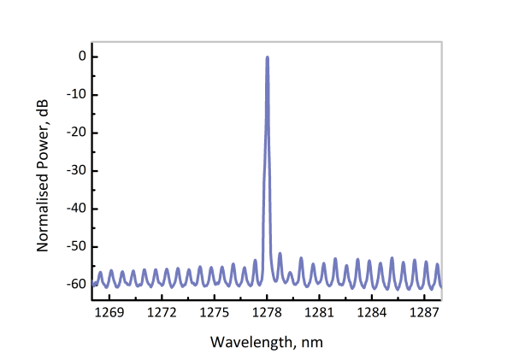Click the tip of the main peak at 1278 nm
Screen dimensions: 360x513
[x=268, y=57]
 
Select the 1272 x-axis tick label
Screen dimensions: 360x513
[x=162, y=312]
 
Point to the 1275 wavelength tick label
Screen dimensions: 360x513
[x=215, y=312]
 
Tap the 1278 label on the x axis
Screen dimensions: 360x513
[x=268, y=312]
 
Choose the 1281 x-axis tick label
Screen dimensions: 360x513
[x=320, y=312]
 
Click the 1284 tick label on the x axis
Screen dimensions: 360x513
[x=373, y=312]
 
